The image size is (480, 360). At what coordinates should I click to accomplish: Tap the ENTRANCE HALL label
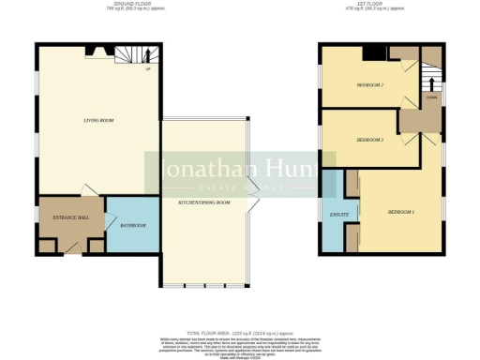(70, 217)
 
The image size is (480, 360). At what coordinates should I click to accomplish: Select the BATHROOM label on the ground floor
(132, 226)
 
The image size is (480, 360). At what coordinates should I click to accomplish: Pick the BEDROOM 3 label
(370, 140)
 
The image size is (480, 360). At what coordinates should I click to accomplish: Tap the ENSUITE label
(339, 215)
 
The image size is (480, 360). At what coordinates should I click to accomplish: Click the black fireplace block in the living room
(90, 51)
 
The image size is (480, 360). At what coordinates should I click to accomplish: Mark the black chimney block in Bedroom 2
(373, 53)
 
